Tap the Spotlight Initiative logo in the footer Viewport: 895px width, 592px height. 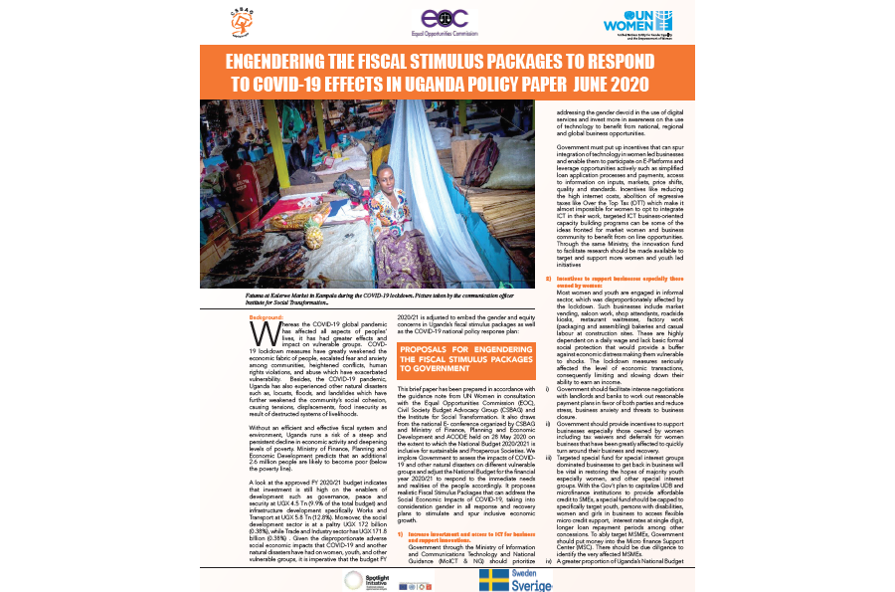(362, 578)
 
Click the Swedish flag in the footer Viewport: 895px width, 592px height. (502, 579)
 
